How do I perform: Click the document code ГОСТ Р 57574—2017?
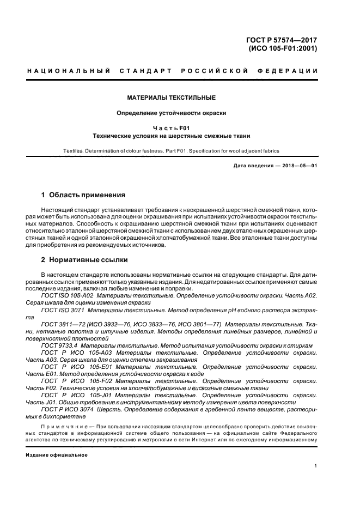pyautogui.click(x=282, y=39)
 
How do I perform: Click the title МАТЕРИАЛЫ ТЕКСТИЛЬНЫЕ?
pyautogui.click(x=171, y=98)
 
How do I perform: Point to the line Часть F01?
pyautogui.click(x=171, y=128)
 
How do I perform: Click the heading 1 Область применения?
pyautogui.click(x=83, y=195)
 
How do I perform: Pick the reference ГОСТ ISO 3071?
pyautogui.click(x=61, y=309)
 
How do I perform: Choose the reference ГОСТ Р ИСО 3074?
pyautogui.click(x=67, y=409)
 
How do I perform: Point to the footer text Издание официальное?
pyautogui.click(x=57, y=454)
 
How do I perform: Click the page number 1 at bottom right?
pyautogui.click(x=316, y=466)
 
